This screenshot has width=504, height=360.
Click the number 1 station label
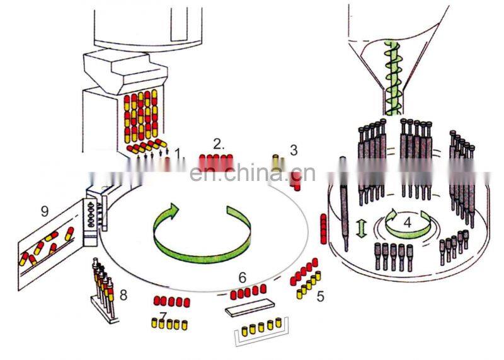tap(178, 152)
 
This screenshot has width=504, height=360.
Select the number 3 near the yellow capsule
tap(294, 149)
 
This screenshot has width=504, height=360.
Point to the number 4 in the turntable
tap(407, 222)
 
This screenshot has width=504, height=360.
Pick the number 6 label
tap(242, 277)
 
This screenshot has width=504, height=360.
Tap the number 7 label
tap(164, 315)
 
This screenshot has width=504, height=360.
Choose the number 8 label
tap(123, 294)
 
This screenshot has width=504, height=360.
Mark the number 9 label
tap(45, 211)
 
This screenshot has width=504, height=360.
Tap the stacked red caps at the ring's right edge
tap(324, 228)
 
